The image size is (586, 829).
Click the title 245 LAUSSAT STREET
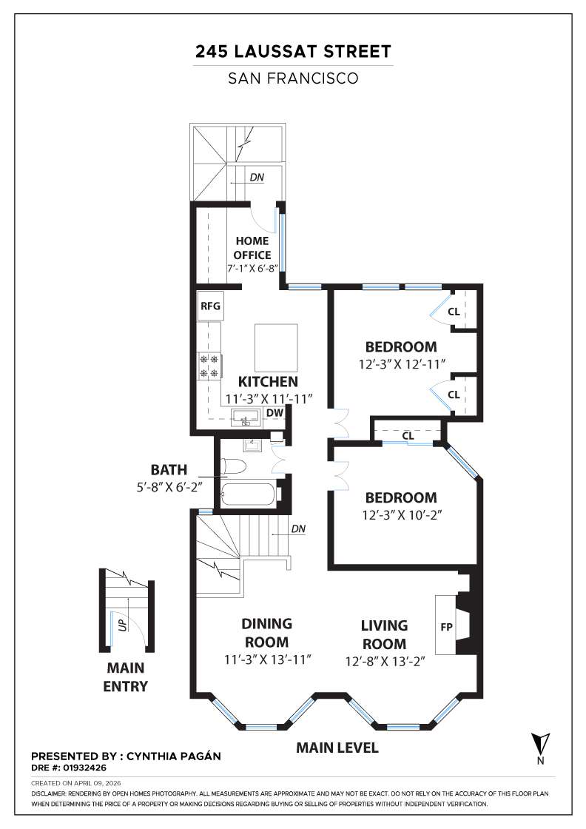pos(293,52)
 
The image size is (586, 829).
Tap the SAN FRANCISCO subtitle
pos(293,78)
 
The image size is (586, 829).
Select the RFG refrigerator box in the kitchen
pos(209,306)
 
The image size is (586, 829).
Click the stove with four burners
pos(209,366)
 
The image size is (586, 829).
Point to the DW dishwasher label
pos(274,412)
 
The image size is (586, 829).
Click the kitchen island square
pos(275,348)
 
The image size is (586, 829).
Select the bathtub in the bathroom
pos(248,494)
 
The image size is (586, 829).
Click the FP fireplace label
pos(446,627)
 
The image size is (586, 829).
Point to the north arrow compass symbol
pos(541,743)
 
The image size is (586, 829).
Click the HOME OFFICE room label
pos(252,248)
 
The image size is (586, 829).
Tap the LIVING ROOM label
pos(384,634)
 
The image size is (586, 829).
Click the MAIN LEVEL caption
pos(337,748)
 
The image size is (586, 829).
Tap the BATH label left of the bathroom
pos(169,469)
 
